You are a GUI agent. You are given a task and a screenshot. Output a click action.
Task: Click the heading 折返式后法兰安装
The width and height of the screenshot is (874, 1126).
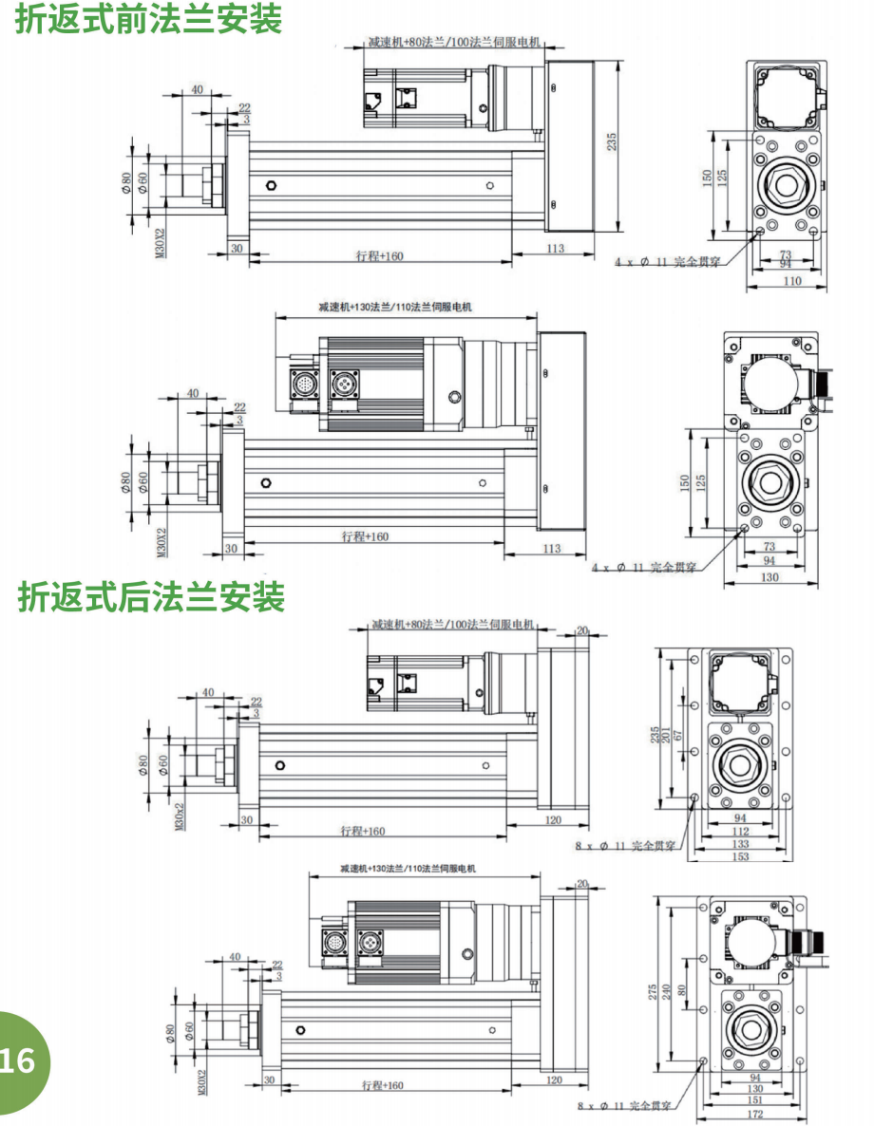(151, 597)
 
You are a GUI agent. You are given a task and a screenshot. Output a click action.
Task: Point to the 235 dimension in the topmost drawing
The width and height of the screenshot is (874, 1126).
(613, 141)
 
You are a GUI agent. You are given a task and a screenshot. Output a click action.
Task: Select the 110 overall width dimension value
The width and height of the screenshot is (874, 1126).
(791, 281)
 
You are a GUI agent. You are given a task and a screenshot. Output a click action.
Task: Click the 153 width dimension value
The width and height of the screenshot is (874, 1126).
(740, 856)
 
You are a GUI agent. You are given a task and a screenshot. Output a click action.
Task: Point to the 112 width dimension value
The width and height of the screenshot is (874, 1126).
(740, 832)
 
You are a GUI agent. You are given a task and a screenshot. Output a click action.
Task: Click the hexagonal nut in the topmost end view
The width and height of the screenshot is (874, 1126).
(785, 185)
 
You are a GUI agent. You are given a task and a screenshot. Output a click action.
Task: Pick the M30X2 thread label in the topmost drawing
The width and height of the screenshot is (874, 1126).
(159, 243)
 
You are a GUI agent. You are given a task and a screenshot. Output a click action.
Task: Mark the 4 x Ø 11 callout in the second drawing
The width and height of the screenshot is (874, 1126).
(645, 567)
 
